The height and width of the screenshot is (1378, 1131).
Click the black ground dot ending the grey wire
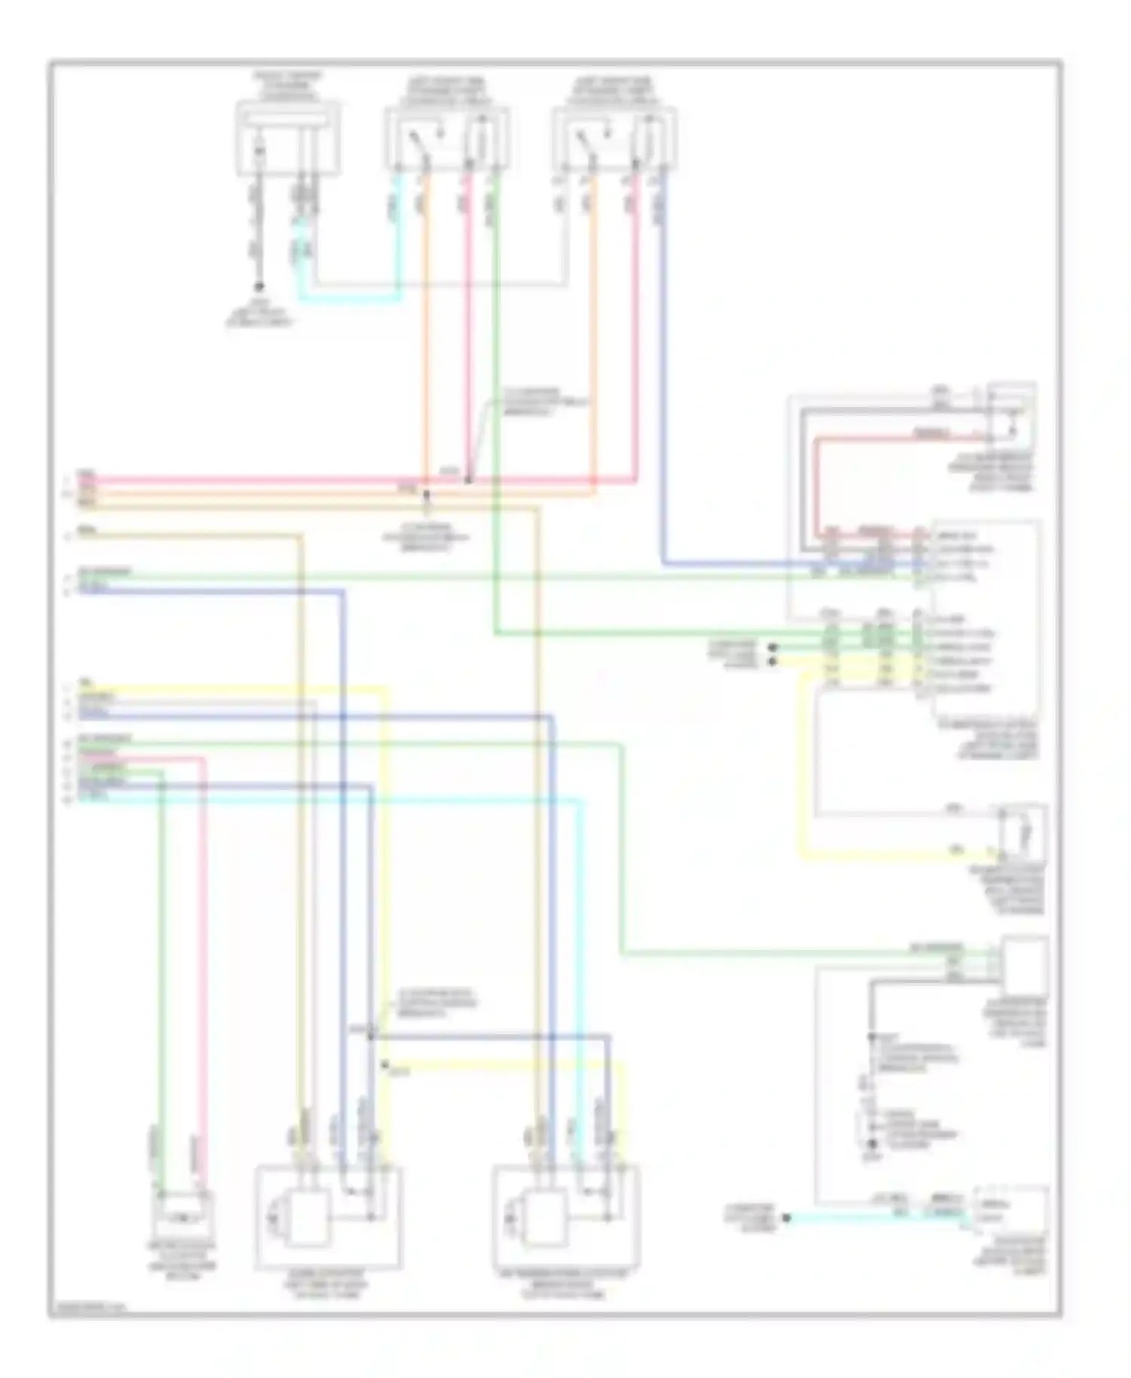click(x=259, y=286)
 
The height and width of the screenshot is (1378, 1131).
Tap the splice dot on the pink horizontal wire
click(x=468, y=479)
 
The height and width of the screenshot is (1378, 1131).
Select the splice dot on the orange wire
click(x=426, y=495)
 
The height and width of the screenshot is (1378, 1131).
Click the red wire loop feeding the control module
click(x=817, y=482)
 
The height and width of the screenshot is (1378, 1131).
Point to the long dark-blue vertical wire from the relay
click(x=664, y=377)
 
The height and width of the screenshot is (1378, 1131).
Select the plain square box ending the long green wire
click(x=1025, y=966)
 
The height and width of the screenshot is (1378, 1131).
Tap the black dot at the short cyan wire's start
click(x=786, y=1218)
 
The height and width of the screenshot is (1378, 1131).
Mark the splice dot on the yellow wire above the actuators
click(x=385, y=1064)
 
